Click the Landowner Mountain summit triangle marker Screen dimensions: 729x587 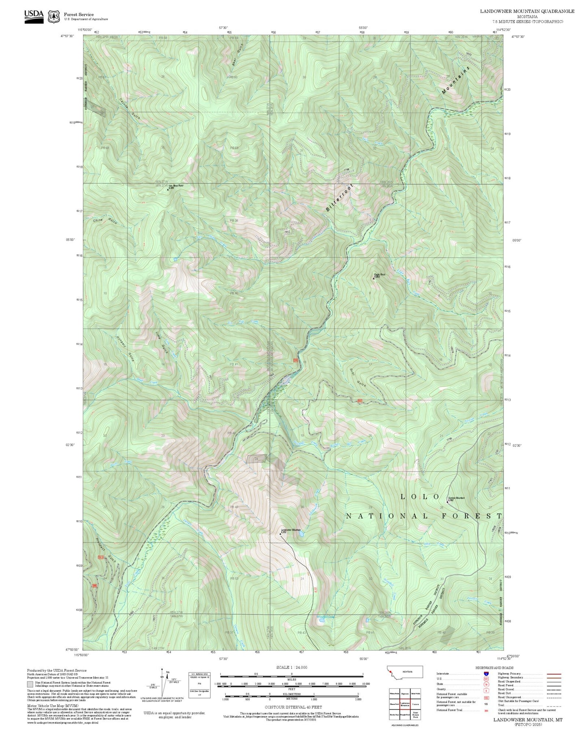coord(280,534)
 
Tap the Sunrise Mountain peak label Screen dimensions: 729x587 coord(456,498)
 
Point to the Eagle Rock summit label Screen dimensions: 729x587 coord(379,275)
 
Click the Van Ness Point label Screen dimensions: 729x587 coord(175,186)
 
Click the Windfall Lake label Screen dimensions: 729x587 coord(325,617)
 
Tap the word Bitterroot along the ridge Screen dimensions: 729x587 coord(340,197)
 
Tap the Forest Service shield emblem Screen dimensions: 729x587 coord(53,17)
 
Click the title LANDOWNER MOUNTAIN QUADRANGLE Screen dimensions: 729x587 coord(527,11)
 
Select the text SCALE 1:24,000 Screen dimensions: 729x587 coord(291,667)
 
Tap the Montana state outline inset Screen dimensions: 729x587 coord(405,672)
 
